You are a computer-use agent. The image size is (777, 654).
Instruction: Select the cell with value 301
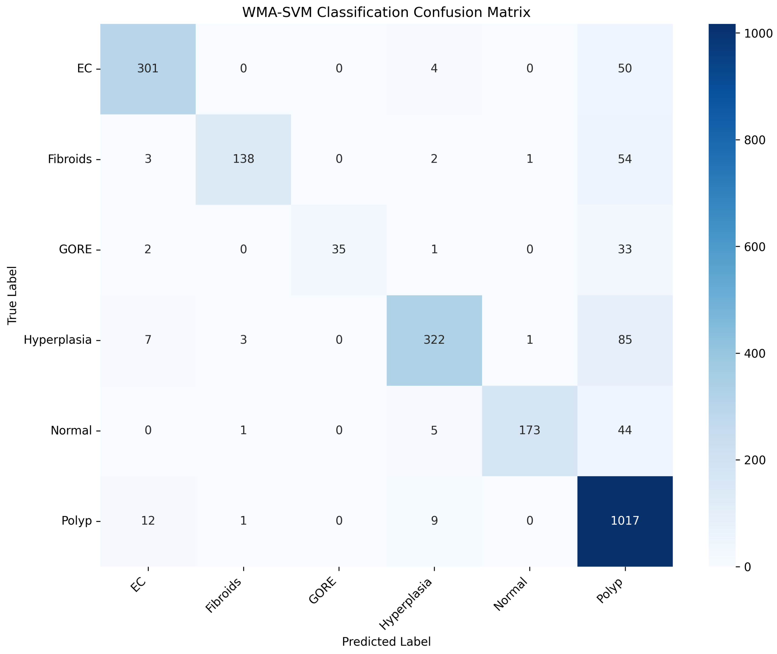pyautogui.click(x=148, y=69)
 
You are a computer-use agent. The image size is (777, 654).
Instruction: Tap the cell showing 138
pyautogui.click(x=243, y=159)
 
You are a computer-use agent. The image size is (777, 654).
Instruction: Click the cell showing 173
pyautogui.click(x=529, y=430)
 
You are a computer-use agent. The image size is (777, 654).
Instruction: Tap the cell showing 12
pyautogui.click(x=148, y=521)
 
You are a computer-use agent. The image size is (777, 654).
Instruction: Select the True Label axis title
pyautogui.click(x=12, y=295)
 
